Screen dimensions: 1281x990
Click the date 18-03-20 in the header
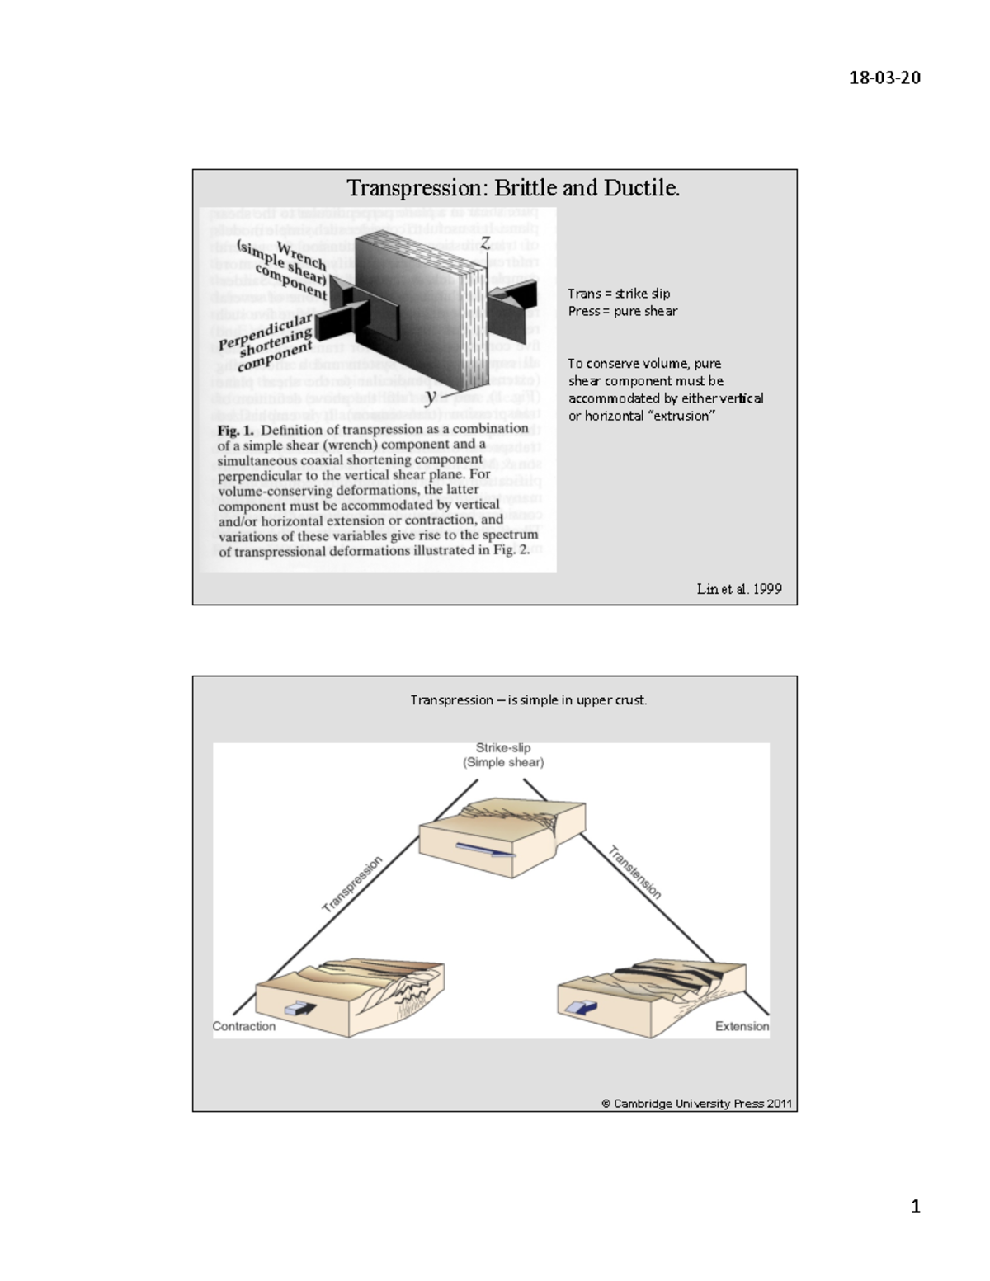(x=884, y=78)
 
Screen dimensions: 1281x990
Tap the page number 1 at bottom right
(x=915, y=1207)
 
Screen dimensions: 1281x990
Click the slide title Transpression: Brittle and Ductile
(x=512, y=188)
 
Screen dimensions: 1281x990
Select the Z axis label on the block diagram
(x=486, y=243)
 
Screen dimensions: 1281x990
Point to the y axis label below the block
(x=431, y=396)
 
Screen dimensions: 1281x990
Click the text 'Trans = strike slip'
(x=619, y=294)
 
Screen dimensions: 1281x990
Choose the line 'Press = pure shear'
(x=622, y=311)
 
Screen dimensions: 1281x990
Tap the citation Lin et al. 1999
(x=738, y=589)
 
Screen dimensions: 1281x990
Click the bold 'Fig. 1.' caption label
(x=235, y=430)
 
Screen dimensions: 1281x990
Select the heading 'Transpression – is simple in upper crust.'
(x=529, y=700)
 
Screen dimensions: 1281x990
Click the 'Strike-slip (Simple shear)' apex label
(x=503, y=756)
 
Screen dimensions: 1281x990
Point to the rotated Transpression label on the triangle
(x=352, y=883)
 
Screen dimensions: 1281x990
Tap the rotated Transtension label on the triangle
(x=634, y=873)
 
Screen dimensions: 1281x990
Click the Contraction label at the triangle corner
(x=244, y=1026)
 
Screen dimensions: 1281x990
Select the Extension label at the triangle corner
(x=742, y=1026)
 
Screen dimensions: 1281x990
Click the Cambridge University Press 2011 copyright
(x=696, y=1104)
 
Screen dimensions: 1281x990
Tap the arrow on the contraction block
(x=299, y=1008)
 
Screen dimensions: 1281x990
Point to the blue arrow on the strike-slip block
(x=485, y=851)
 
